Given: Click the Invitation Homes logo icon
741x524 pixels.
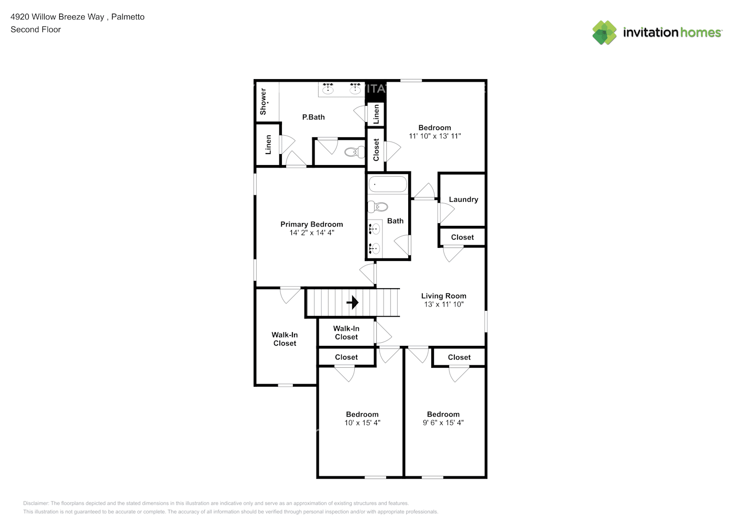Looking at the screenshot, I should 604,32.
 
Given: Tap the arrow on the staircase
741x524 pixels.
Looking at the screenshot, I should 353,302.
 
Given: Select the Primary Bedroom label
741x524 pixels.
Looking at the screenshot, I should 311,224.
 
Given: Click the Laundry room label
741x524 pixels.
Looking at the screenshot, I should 463,200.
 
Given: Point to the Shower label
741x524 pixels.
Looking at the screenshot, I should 263,101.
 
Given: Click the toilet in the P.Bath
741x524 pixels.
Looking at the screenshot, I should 355,152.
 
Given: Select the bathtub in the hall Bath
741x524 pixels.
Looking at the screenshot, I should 388,184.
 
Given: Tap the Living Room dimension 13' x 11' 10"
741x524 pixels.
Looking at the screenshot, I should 443,304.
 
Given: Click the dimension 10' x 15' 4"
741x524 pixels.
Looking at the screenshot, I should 362,423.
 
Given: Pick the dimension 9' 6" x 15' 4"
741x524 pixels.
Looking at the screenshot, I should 443,423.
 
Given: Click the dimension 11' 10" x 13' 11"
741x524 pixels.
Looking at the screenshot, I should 434,136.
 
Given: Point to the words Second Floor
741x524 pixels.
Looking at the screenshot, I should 36,30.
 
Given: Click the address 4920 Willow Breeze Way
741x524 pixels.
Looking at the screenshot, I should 57,17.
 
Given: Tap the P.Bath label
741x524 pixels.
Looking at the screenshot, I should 313,117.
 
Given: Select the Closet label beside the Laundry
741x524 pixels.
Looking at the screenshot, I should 462,237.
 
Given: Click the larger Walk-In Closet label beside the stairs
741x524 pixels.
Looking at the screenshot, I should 285,339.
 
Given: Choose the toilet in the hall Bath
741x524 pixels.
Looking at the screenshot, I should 378,207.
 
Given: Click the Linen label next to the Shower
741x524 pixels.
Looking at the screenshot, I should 268,145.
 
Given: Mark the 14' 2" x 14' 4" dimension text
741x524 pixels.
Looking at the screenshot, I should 311,233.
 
